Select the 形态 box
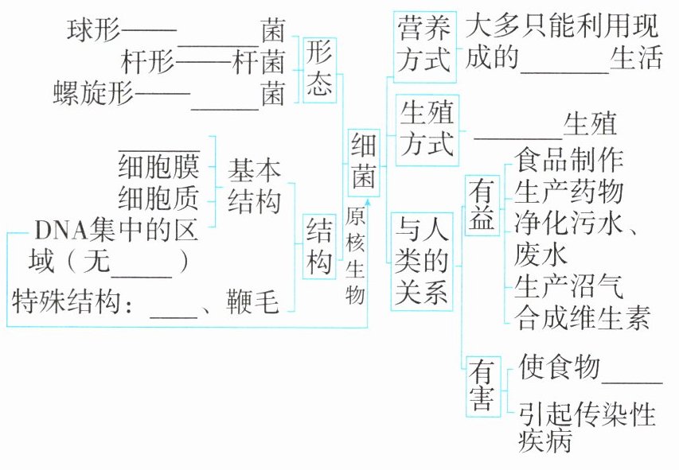click(x=319, y=69)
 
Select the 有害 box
click(x=482, y=386)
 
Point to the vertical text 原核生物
click(x=356, y=257)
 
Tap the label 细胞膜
click(x=158, y=167)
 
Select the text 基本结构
click(x=254, y=185)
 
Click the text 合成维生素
click(x=583, y=317)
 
